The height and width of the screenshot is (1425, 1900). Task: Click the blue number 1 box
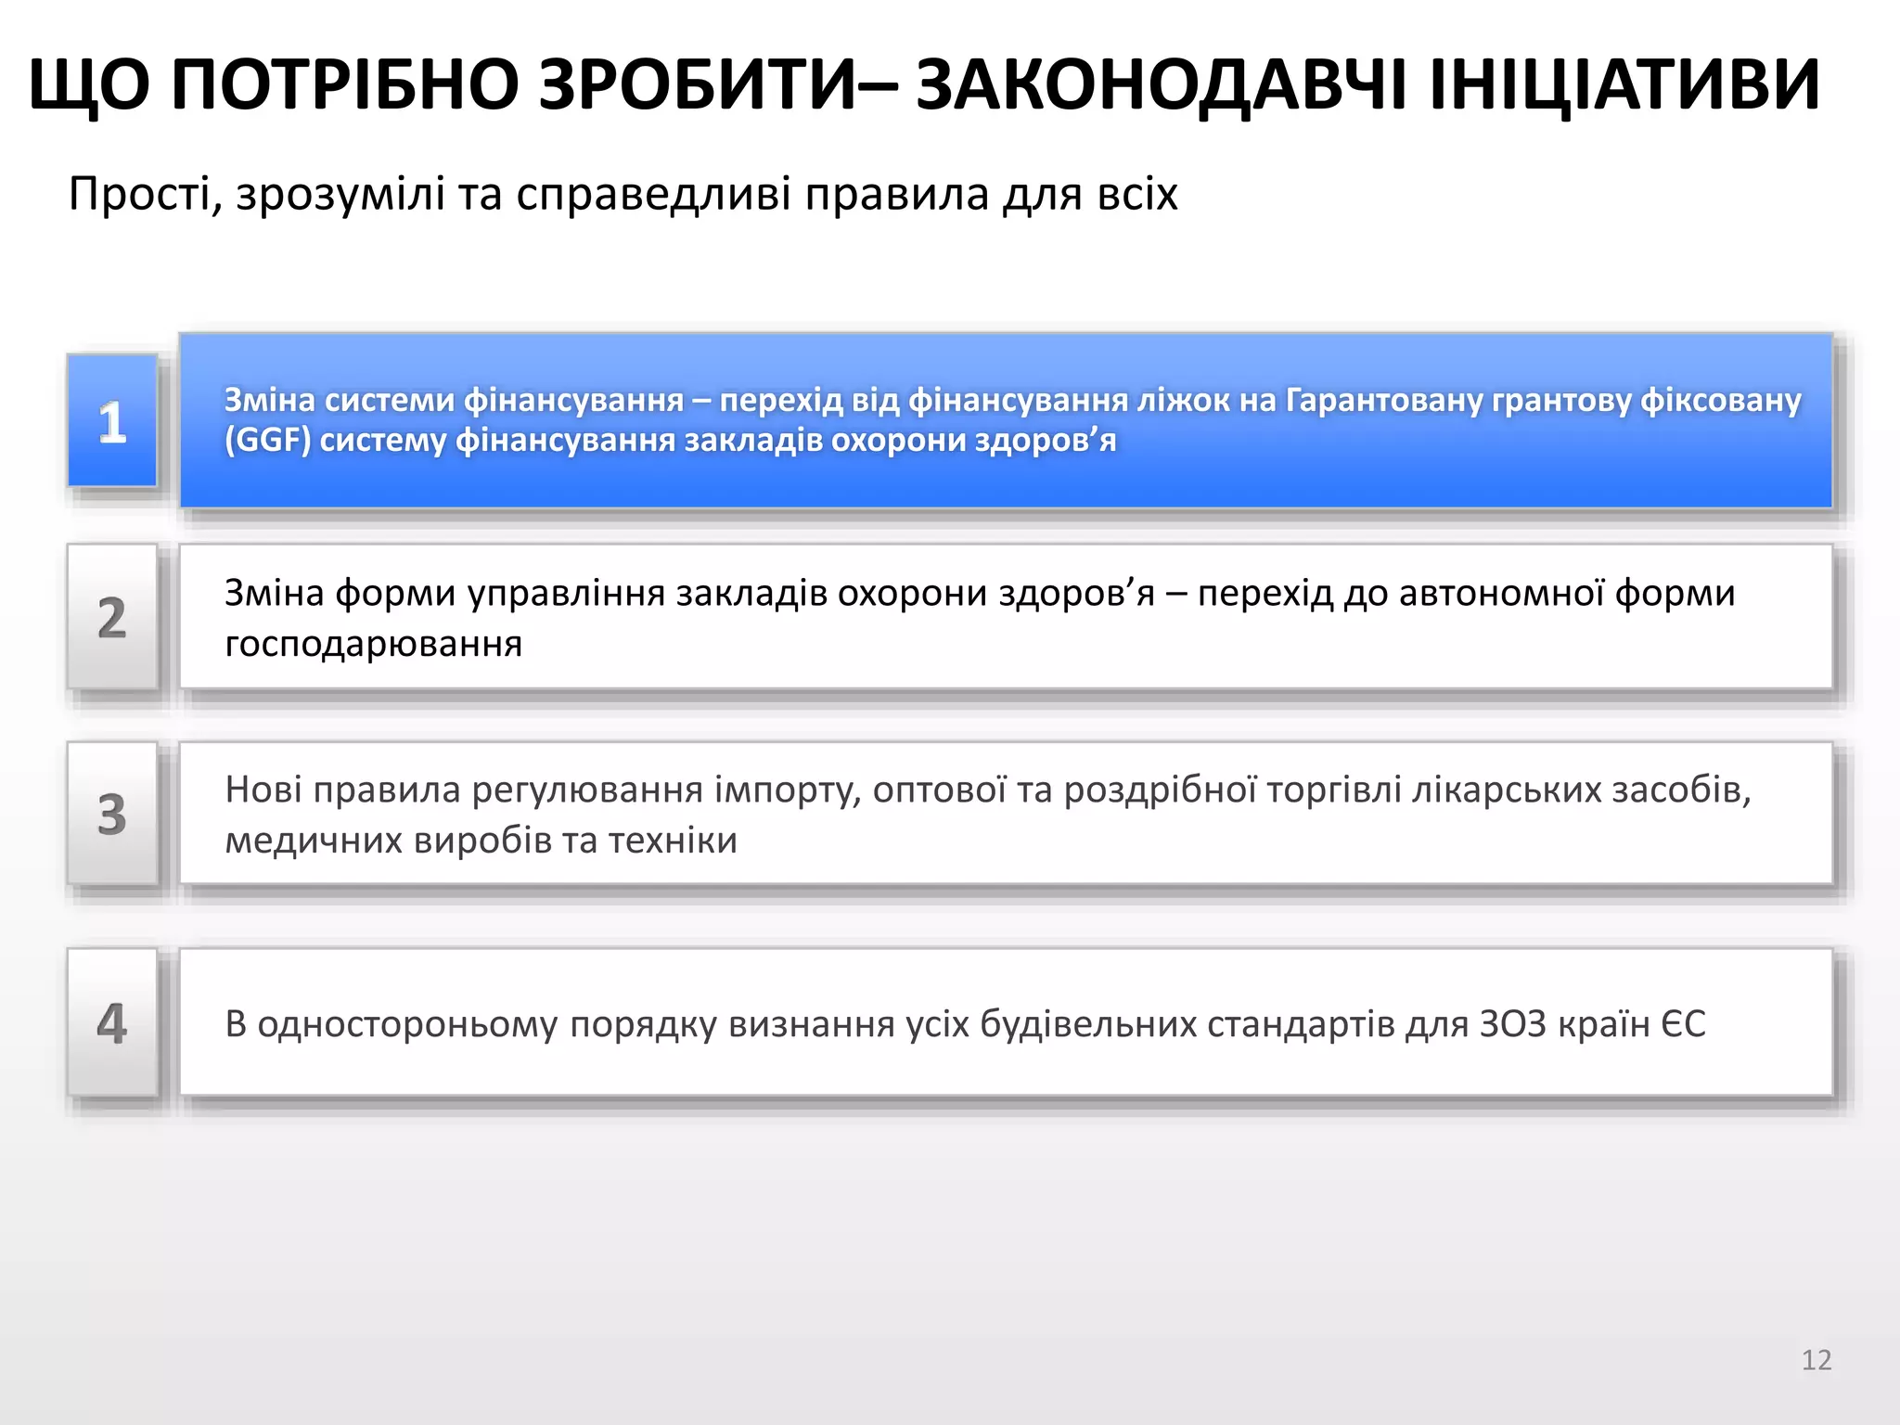[112, 420]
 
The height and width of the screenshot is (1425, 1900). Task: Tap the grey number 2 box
[112, 617]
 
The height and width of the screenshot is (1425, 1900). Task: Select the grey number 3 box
[112, 814]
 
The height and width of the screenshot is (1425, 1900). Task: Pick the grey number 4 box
[112, 1022]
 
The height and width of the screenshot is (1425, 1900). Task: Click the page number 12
[1816, 1360]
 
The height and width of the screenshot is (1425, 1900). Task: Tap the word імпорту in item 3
[788, 790]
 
